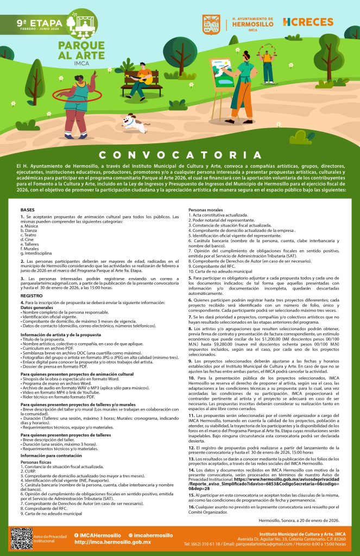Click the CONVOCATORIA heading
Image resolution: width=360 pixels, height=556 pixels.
pyautogui.click(x=180, y=155)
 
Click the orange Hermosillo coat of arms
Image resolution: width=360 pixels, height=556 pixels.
pyautogui.click(x=211, y=23)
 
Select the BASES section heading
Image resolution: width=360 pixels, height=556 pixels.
pyautogui.click(x=27, y=210)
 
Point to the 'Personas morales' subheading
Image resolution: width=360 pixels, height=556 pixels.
pyautogui.click(x=205, y=210)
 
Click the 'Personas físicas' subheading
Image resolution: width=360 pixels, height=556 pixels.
pyautogui.click(x=36, y=463)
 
